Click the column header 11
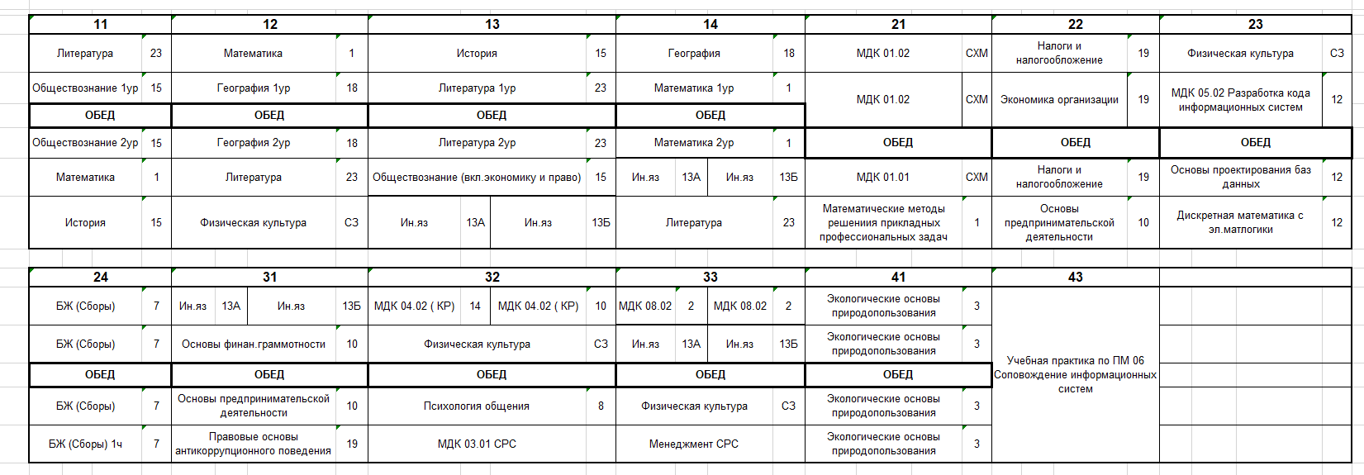click(x=100, y=24)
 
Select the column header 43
click(x=1075, y=277)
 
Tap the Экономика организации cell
click(x=1059, y=100)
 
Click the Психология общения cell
click(x=477, y=406)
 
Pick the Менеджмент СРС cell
click(x=694, y=444)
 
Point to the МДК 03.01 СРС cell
click(x=477, y=444)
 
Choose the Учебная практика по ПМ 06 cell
click(x=1075, y=374)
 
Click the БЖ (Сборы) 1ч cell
click(x=85, y=444)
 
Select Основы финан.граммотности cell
click(x=254, y=344)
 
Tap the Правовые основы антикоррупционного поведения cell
click(x=254, y=444)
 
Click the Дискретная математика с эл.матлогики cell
click(x=1240, y=222)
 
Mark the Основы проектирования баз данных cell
click(x=1240, y=177)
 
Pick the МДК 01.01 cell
click(x=883, y=177)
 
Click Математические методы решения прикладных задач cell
click(x=883, y=222)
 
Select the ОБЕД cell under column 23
click(x=1255, y=143)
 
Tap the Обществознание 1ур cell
click(x=85, y=88)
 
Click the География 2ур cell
click(x=254, y=143)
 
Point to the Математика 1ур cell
click(x=694, y=88)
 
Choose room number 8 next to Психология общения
click(x=601, y=406)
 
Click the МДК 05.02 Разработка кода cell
click(x=1240, y=100)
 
